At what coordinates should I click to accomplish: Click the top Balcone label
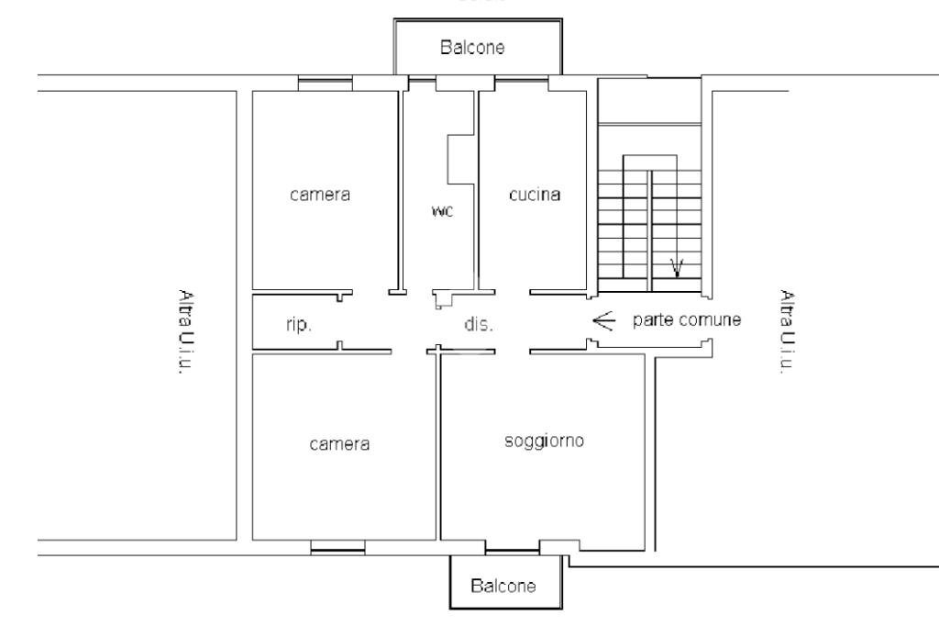point(472,49)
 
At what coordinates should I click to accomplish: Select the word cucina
point(535,195)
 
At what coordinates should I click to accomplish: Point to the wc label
point(443,210)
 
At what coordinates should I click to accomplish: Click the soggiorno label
point(545,441)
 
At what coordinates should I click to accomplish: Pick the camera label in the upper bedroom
point(320,195)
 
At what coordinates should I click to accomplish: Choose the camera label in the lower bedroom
point(339,444)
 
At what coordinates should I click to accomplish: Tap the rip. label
point(287,324)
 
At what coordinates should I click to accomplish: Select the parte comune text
point(687,321)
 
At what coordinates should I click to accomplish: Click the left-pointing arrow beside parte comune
point(602,321)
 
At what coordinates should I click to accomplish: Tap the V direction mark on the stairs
point(677,267)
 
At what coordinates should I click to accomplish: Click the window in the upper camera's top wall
point(326,84)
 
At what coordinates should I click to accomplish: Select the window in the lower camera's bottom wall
point(337,550)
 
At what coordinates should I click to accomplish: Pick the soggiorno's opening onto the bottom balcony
point(512,550)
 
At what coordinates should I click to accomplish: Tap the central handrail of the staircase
point(650,225)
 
